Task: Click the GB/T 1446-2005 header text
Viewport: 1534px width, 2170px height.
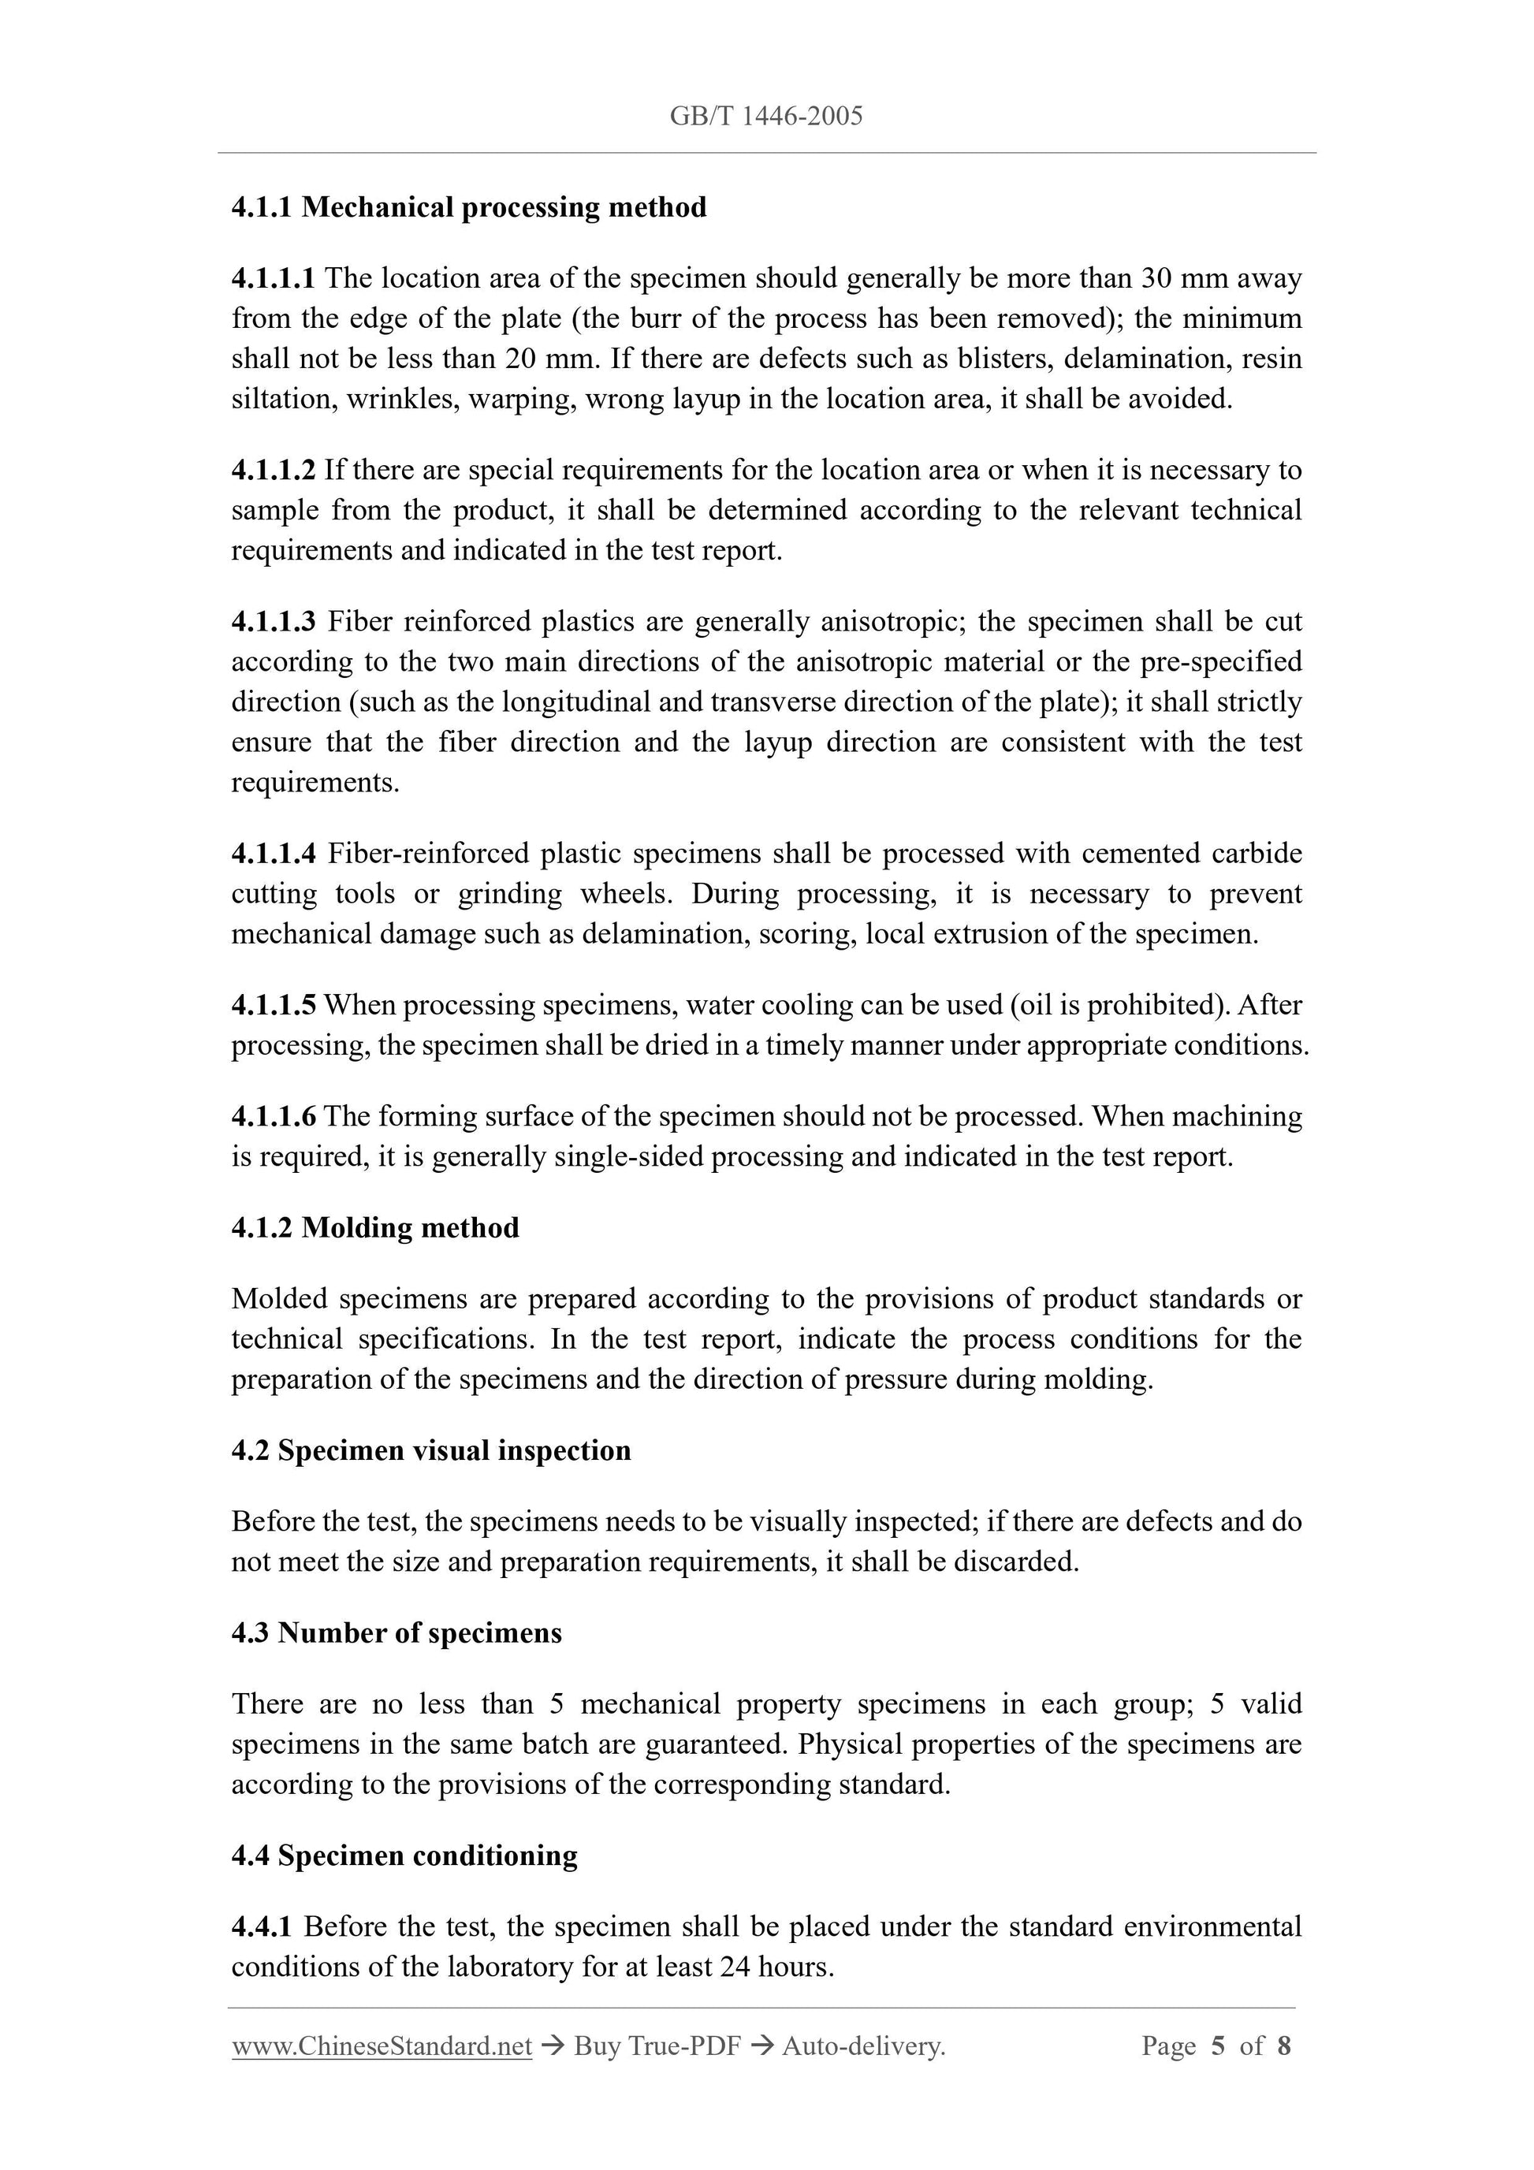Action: click(x=765, y=116)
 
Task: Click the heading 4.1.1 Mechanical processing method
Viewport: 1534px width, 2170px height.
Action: click(x=469, y=207)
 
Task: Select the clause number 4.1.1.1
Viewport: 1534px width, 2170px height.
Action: click(x=274, y=278)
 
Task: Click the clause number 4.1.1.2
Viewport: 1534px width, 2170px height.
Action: click(x=274, y=470)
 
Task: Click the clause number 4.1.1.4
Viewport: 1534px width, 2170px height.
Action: click(x=274, y=854)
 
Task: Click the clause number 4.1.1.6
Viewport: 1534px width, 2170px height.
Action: click(x=274, y=1116)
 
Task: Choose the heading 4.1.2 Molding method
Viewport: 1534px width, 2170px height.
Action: click(x=375, y=1228)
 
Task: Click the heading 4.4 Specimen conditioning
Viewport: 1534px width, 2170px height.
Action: click(x=404, y=1855)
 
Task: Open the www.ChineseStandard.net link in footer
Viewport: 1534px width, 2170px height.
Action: click(x=382, y=2046)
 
